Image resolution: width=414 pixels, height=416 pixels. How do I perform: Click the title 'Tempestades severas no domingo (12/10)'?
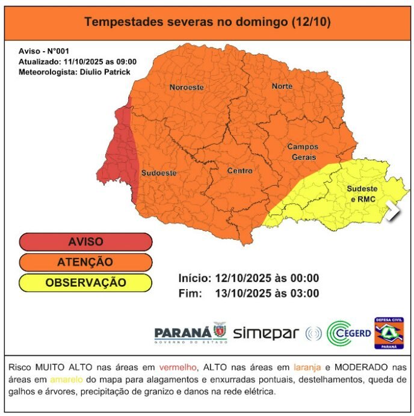(x=207, y=22)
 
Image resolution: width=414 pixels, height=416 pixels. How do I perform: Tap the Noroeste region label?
(x=186, y=87)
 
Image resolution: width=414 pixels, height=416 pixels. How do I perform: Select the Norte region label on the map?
(x=282, y=86)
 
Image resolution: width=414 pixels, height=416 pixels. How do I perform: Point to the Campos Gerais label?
(x=303, y=151)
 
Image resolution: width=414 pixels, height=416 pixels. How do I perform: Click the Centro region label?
(x=239, y=171)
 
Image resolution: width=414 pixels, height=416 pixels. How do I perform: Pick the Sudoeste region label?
(x=159, y=173)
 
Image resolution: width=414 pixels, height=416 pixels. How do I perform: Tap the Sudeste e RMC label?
(x=362, y=194)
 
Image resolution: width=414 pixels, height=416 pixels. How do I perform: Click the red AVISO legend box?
(x=85, y=242)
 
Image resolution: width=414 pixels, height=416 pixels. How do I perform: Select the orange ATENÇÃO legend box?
(x=85, y=262)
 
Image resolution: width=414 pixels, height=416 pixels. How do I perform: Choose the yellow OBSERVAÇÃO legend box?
(x=85, y=283)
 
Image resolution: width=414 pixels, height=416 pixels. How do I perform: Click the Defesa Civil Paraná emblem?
(x=389, y=332)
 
